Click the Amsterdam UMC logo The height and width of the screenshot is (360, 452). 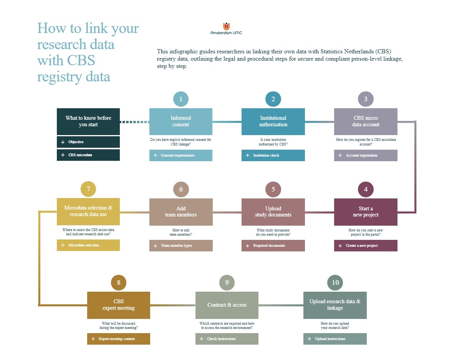226,28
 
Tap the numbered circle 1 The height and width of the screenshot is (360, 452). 180,99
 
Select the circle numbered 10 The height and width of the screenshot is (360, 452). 335,282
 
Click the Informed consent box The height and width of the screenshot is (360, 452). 180,121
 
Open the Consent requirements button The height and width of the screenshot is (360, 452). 180,155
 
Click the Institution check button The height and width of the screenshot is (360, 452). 273,155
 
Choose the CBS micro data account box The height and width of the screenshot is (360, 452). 366,121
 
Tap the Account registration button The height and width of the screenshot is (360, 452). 366,155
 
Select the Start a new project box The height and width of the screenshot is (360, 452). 366,212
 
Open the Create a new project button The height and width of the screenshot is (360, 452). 366,246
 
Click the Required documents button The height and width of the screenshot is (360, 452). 273,246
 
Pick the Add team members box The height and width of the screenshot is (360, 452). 180,212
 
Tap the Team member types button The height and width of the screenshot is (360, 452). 180,246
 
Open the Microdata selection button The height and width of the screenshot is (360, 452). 88,245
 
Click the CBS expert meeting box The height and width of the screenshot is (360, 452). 118,305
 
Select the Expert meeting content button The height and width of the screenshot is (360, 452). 118,339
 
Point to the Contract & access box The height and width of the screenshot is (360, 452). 227,305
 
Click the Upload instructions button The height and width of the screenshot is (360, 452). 335,339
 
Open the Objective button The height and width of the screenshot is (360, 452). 88,142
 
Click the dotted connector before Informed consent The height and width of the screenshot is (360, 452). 134,122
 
